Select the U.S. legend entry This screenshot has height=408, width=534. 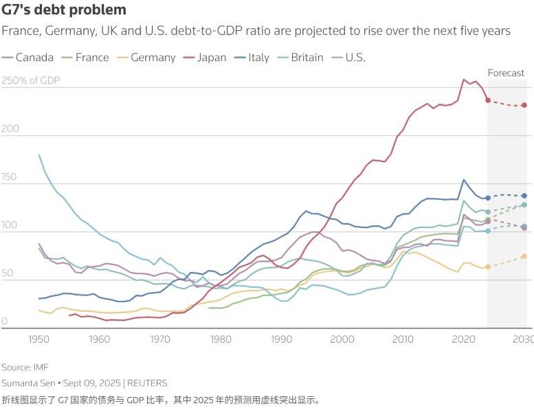pyautogui.click(x=355, y=57)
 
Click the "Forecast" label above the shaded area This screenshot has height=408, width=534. pyautogui.click(x=506, y=73)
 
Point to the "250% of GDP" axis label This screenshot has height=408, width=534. pyautogui.click(x=31, y=81)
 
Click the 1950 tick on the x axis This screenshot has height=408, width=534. pyautogui.click(x=39, y=339)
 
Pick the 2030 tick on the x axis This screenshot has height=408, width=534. pyautogui.click(x=522, y=339)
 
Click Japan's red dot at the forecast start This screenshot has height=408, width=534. pyautogui.click(x=488, y=100)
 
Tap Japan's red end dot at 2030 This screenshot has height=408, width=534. pyautogui.click(x=524, y=105)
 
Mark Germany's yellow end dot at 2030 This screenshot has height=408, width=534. pyautogui.click(x=524, y=256)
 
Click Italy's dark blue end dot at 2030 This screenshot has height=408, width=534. pyautogui.click(x=524, y=196)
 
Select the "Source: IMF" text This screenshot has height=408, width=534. pyautogui.click(x=25, y=367)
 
